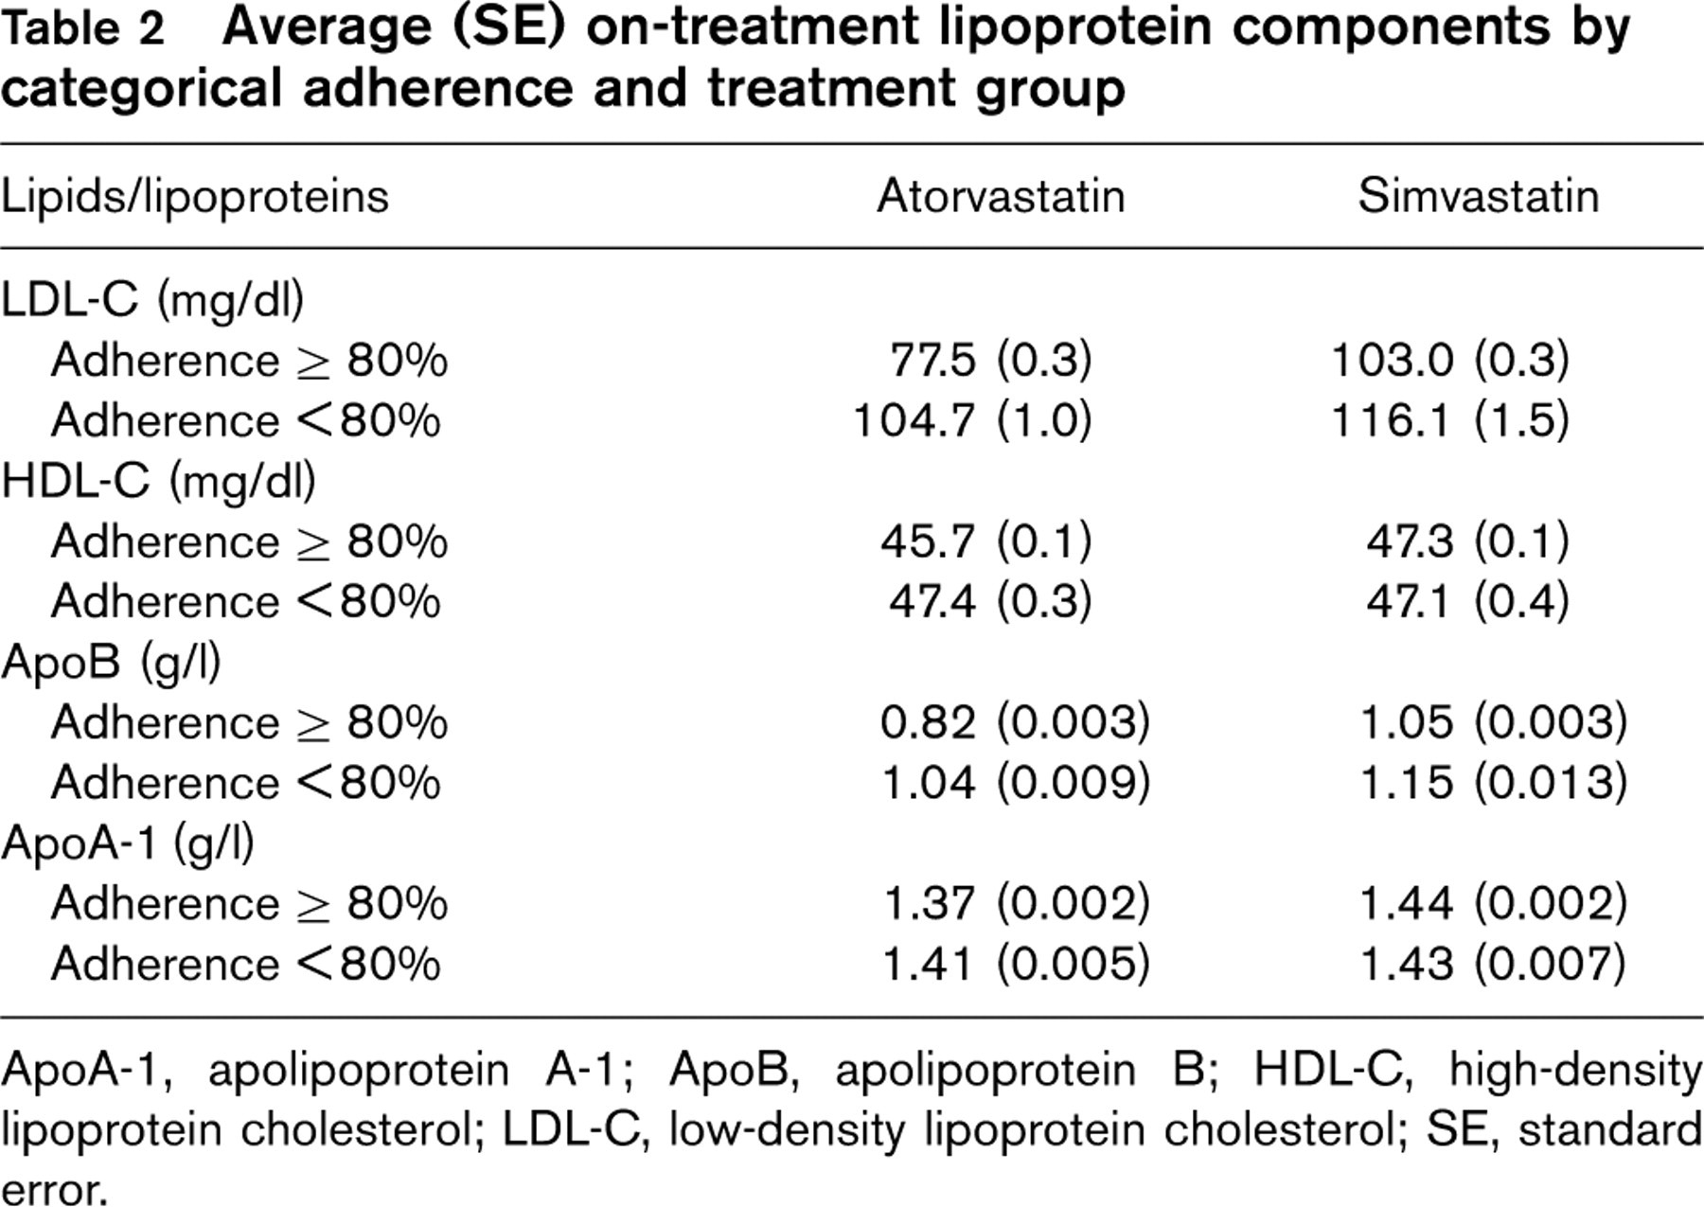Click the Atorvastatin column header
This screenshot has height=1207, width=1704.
click(x=1001, y=197)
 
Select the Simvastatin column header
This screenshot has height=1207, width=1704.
click(x=1479, y=197)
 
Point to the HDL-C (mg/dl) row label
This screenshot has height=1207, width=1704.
click(x=158, y=482)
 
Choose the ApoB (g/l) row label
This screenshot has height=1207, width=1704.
click(x=111, y=663)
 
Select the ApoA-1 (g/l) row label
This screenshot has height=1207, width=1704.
click(x=128, y=843)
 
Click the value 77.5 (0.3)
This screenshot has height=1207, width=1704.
click(x=991, y=361)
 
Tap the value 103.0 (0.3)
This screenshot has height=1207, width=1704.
click(x=1450, y=361)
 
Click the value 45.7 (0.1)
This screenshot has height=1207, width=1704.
click(x=986, y=541)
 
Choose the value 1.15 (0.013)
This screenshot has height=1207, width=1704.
click(x=1494, y=783)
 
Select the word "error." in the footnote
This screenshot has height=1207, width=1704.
click(x=53, y=1189)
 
